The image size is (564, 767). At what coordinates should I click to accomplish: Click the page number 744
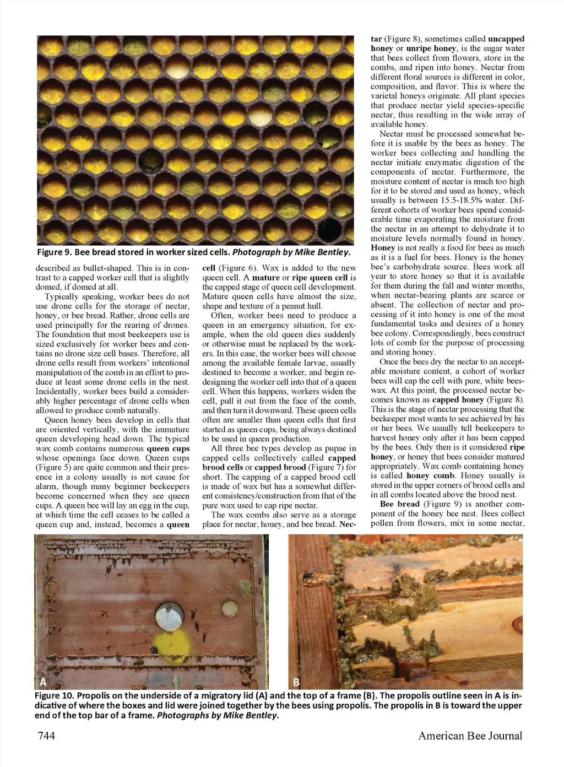pyautogui.click(x=46, y=736)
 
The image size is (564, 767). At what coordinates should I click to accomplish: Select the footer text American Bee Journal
pyautogui.click(x=470, y=736)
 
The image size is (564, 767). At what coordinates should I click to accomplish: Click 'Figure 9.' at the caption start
pyautogui.click(x=54, y=252)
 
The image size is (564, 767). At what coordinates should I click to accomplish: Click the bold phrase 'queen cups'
pyautogui.click(x=168, y=449)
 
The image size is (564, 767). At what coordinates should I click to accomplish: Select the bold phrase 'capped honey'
pyautogui.click(x=458, y=399)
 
